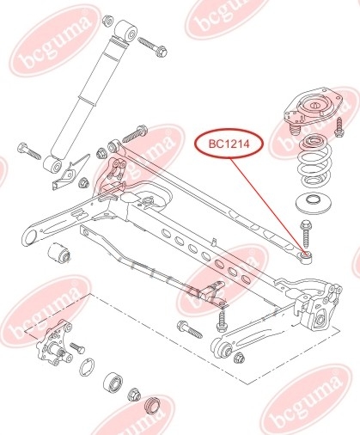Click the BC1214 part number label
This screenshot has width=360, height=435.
[x=229, y=144]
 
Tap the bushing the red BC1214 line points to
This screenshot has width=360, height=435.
[x=306, y=255]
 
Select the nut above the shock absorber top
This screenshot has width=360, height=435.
[x=108, y=21]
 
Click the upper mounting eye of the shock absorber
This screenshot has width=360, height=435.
[x=126, y=31]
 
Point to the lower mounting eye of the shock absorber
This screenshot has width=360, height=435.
[x=52, y=166]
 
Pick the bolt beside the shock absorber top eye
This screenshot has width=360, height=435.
[x=153, y=47]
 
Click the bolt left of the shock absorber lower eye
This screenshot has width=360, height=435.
[x=29, y=151]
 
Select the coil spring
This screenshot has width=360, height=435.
[x=314, y=162]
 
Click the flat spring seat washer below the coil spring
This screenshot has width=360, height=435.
[x=314, y=203]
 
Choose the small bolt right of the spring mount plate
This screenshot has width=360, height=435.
[x=339, y=127]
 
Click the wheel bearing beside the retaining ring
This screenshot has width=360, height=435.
[x=113, y=383]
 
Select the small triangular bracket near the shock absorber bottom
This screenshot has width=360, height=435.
[x=70, y=173]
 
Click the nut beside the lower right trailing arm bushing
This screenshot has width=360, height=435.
[x=239, y=358]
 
